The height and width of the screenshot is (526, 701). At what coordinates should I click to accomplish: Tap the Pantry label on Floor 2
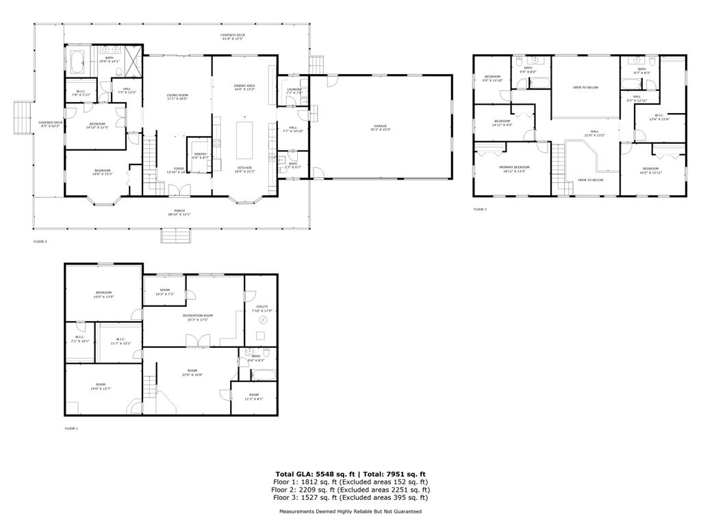pyautogui.click(x=201, y=156)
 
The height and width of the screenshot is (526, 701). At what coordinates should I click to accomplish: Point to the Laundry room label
pyautogui.click(x=295, y=90)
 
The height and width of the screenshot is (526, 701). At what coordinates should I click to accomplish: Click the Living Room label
pyautogui.click(x=177, y=97)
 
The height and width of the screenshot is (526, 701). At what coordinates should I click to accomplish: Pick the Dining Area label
pyautogui.click(x=244, y=87)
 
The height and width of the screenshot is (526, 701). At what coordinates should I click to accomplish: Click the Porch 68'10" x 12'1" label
pyautogui.click(x=179, y=212)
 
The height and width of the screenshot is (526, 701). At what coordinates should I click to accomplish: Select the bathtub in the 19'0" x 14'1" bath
pyautogui.click(x=77, y=63)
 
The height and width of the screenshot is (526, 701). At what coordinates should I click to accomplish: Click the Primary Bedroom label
pyautogui.click(x=514, y=168)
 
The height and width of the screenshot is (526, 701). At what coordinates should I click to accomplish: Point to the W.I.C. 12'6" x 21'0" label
pyautogui.click(x=659, y=117)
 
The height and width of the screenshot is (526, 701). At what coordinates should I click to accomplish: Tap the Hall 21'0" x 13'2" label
pyautogui.click(x=594, y=134)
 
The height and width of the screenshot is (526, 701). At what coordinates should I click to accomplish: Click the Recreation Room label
pyautogui.click(x=198, y=317)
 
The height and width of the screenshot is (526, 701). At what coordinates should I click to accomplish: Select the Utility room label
pyautogui.click(x=262, y=308)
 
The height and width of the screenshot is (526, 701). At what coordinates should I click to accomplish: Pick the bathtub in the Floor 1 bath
pyautogui.click(x=262, y=375)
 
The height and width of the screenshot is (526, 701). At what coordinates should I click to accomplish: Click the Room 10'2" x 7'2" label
pyautogui.click(x=164, y=291)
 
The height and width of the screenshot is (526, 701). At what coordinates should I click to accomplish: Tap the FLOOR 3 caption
pyautogui.click(x=480, y=209)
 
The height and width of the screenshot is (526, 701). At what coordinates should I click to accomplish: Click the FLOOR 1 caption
pyautogui.click(x=71, y=428)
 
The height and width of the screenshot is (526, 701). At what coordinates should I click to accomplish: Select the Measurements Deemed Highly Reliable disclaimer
pyautogui.click(x=350, y=512)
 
